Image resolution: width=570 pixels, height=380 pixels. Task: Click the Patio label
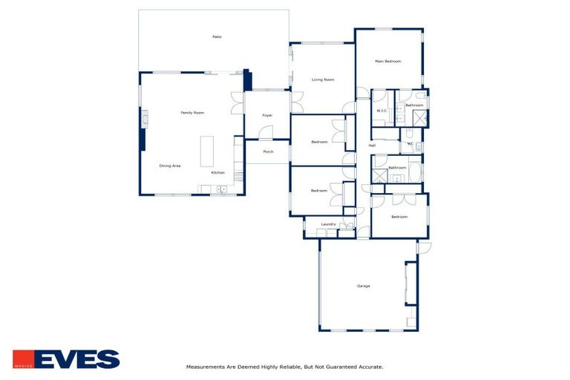click(x=217, y=36)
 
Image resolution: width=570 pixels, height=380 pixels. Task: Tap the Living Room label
click(x=322, y=79)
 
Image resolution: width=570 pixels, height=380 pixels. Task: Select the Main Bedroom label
click(x=387, y=62)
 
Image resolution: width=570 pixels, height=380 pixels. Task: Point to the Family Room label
click(x=192, y=113)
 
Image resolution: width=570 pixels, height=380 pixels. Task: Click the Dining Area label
click(x=170, y=166)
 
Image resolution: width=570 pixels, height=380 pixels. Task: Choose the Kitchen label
click(x=217, y=173)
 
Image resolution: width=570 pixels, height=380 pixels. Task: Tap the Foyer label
click(x=267, y=116)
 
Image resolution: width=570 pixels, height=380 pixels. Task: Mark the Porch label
click(x=268, y=151)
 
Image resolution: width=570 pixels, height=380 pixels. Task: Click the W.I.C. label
click(x=382, y=111)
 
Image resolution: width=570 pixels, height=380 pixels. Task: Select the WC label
click(x=410, y=144)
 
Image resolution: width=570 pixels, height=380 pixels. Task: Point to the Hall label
click(x=372, y=145)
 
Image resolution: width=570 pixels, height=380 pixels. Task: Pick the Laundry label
click(x=328, y=224)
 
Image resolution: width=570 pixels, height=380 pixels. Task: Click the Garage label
click(x=363, y=286)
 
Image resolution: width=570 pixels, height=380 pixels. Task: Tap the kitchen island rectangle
click(x=206, y=151)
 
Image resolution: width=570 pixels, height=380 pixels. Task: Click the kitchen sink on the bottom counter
click(x=221, y=190)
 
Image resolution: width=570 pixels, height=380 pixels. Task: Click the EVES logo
click(x=66, y=359)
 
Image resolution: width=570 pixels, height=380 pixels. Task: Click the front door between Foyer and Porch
click(x=265, y=139)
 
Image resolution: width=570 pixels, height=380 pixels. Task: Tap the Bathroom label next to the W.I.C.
click(x=414, y=105)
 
